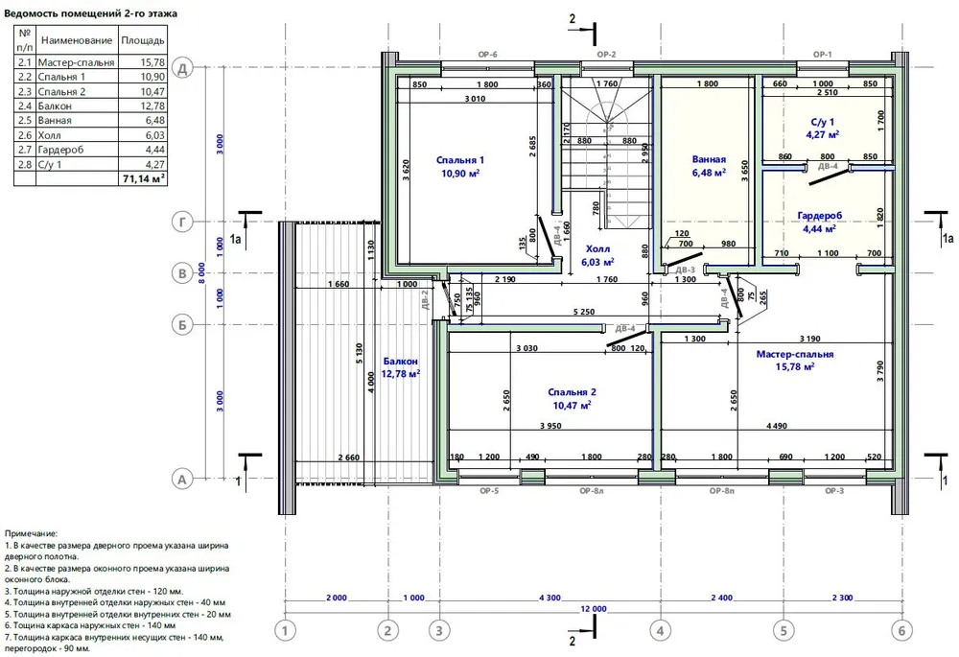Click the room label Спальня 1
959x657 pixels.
tap(460, 160)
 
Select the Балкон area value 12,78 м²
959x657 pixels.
tap(401, 374)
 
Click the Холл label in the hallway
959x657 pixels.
tap(597, 249)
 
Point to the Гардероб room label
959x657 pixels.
tap(820, 216)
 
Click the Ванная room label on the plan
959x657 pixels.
tap(709, 159)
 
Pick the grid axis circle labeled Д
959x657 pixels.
tap(182, 68)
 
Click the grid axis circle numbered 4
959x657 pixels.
tap(661, 630)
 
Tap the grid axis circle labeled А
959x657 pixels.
tap(181, 480)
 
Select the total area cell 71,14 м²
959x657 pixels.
tap(143, 178)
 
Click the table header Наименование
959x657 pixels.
tap(77, 40)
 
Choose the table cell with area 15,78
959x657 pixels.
tap(152, 62)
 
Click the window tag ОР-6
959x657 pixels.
tap(487, 55)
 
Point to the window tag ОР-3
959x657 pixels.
tap(834, 491)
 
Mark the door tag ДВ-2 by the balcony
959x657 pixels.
tap(426, 300)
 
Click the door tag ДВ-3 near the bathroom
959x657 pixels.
tap(685, 270)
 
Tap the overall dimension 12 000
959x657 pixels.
tap(594, 609)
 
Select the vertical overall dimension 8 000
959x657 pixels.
tap(201, 272)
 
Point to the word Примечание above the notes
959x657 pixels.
tap(31, 534)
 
